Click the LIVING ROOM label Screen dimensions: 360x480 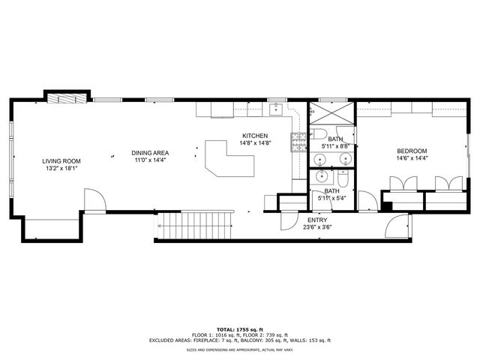click(61, 161)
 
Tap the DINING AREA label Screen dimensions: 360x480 click(151, 153)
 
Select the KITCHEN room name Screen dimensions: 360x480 click(255, 136)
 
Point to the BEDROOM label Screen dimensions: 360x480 click(412, 151)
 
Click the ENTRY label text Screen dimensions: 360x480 click(317, 220)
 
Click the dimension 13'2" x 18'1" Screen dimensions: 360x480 click(61, 169)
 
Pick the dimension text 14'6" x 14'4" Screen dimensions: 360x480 click(412, 159)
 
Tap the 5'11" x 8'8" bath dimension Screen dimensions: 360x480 click(334, 146)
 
